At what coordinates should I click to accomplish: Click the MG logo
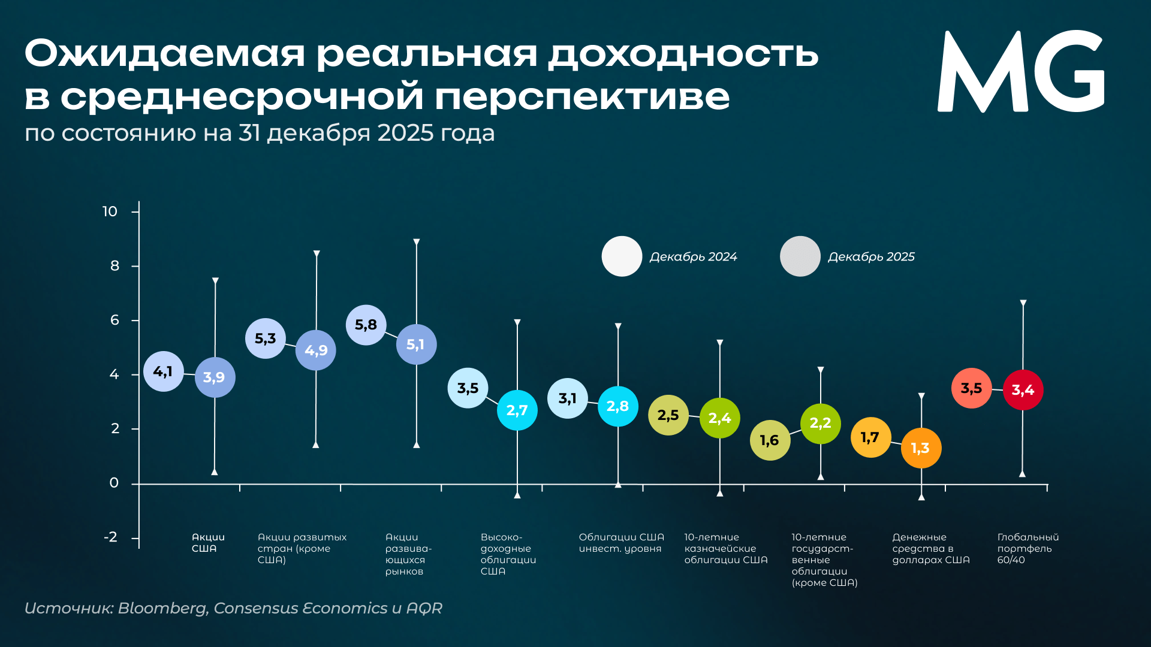click(x=1020, y=72)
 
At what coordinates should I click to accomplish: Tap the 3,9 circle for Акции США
click(x=215, y=377)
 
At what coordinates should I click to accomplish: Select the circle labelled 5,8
click(x=366, y=325)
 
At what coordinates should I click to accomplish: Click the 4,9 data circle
click(x=316, y=350)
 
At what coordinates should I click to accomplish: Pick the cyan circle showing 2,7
click(x=517, y=410)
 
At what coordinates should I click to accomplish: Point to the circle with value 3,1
click(x=567, y=398)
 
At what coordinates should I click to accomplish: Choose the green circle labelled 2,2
click(x=820, y=424)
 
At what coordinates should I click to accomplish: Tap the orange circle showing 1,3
click(x=921, y=448)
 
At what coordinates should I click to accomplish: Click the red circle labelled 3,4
click(x=1023, y=390)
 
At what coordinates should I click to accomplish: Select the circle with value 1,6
click(x=770, y=440)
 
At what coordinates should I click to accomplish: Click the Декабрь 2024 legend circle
click(x=622, y=256)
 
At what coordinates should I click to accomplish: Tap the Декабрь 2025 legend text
click(x=871, y=257)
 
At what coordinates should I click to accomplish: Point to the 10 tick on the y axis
click(x=110, y=211)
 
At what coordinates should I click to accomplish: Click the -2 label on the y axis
click(x=111, y=537)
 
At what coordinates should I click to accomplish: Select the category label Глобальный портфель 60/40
click(x=1028, y=548)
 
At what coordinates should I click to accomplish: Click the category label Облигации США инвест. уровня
click(x=621, y=543)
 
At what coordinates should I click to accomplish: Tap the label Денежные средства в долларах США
click(x=930, y=548)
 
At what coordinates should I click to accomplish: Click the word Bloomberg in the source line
click(x=162, y=608)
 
